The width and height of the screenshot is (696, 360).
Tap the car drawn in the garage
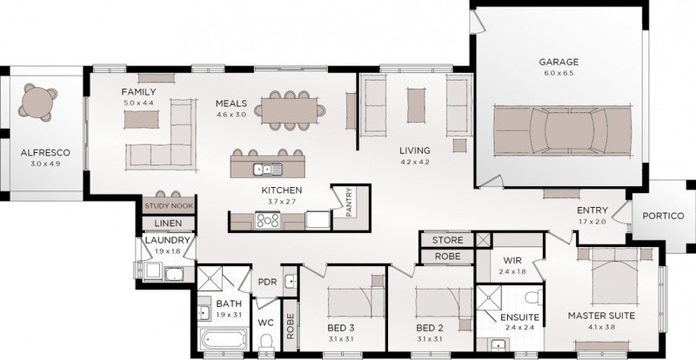562,131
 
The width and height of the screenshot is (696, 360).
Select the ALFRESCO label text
45,153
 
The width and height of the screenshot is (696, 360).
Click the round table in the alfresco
37,103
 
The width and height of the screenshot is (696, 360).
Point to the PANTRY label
349,203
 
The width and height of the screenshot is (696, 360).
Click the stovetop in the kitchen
268,221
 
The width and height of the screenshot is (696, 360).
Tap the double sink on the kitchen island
267,169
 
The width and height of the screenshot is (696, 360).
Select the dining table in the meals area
290,110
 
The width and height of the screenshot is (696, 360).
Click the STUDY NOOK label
169,206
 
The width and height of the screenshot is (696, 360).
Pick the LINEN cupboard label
168,223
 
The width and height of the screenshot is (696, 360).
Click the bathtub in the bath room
224,341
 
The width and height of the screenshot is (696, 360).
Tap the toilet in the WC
266,343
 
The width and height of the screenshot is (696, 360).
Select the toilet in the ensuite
533,297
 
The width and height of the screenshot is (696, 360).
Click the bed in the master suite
614,270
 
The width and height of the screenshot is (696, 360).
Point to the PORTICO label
664,217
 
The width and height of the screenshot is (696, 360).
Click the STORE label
447,240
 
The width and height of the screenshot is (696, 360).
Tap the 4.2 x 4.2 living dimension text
415,162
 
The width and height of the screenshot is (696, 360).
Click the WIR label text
512,261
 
